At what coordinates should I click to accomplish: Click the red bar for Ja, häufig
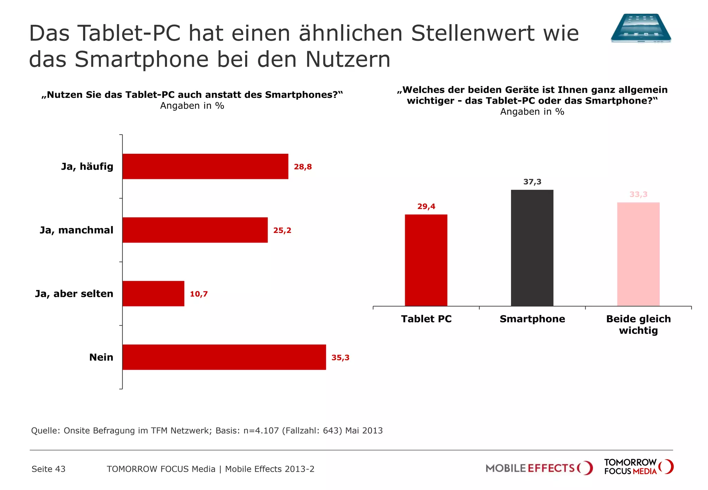[x=205, y=166]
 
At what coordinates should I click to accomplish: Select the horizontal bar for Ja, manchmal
[x=195, y=230]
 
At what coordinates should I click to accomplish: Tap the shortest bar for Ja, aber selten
[x=153, y=293]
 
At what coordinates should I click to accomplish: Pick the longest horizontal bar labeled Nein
[x=224, y=357]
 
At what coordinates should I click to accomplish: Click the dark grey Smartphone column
[x=532, y=248]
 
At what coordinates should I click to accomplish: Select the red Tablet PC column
[x=426, y=260]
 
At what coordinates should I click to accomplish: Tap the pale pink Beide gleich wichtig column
[x=638, y=254]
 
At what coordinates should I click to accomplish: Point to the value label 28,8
[x=302, y=167]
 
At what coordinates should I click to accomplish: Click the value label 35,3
[x=340, y=357]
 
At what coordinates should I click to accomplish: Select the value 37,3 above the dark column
[x=532, y=182]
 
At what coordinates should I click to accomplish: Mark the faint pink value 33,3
[x=638, y=194]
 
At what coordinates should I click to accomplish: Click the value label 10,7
[x=198, y=294]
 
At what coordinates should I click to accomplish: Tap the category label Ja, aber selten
[x=74, y=293]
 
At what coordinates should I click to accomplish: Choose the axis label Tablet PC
[x=426, y=319]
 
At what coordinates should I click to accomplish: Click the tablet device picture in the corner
[x=641, y=28]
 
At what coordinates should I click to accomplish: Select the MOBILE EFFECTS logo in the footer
[x=539, y=468]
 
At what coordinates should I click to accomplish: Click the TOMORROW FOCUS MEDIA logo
[x=639, y=467]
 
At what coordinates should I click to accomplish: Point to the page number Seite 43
[x=48, y=469]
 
